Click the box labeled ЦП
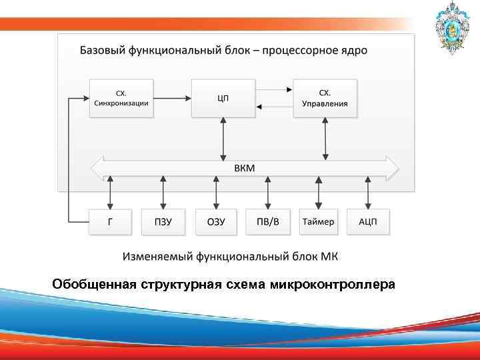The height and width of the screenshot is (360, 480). (x=223, y=99)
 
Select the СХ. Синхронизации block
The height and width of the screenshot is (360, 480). (x=121, y=99)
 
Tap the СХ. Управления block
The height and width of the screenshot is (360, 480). (x=325, y=99)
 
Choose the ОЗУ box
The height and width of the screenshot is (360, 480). (x=216, y=222)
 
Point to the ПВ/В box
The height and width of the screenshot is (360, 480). (x=268, y=222)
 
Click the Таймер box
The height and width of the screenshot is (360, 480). (x=318, y=222)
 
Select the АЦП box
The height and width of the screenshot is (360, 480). (x=368, y=222)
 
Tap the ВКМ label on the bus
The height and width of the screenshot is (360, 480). (x=244, y=168)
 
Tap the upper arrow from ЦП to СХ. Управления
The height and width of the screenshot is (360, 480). (x=274, y=90)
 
